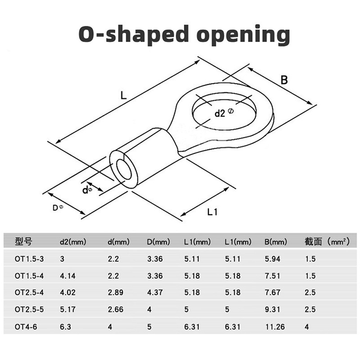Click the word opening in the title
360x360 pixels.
tap(243, 35)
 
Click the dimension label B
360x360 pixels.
tap(284, 80)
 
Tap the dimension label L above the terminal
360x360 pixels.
tap(123, 95)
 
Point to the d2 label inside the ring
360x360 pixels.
tap(220, 113)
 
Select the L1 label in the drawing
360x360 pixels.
tap(212, 212)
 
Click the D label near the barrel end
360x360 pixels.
tap(55, 208)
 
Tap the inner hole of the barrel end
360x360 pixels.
tap(123, 170)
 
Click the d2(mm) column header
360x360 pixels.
tap(73, 242)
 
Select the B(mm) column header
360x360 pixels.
tap(275, 242)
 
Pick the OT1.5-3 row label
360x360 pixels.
tap(29, 259)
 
